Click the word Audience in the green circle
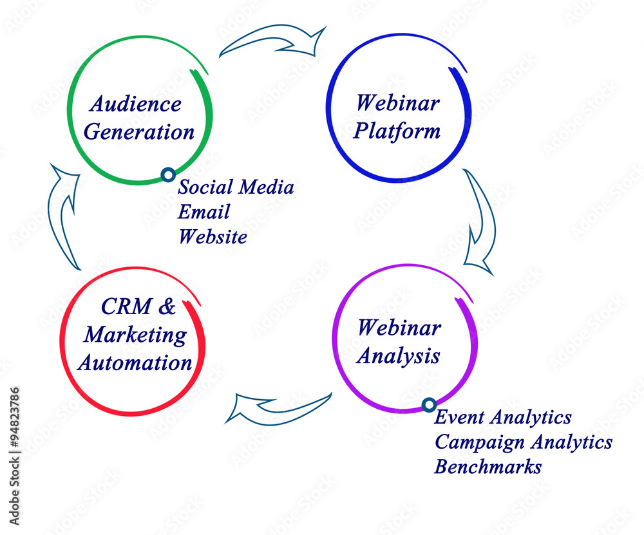tap(135, 104)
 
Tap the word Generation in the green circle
tap(139, 132)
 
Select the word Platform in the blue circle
tap(397, 131)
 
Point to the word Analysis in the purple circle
tap(399, 356)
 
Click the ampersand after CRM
tap(167, 306)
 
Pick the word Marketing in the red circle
tap(135, 335)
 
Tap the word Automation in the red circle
tap(135, 363)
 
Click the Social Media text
tap(236, 187)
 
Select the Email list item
tap(204, 212)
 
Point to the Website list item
tap(213, 236)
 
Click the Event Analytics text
tap(503, 417)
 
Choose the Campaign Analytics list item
tap(523, 442)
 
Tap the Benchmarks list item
tap(488, 467)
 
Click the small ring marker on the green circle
tap(168, 175)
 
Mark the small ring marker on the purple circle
tap(429, 405)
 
